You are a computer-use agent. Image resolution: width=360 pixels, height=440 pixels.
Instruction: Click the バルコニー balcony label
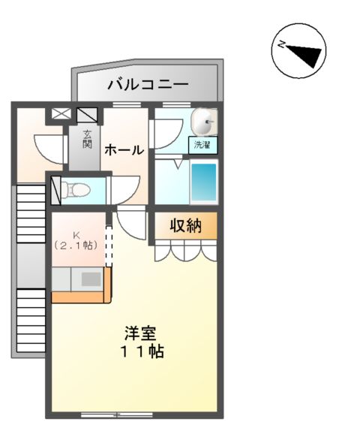147,84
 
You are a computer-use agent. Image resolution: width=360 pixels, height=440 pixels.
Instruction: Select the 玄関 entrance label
87,139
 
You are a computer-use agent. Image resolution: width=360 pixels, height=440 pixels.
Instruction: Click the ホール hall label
123,149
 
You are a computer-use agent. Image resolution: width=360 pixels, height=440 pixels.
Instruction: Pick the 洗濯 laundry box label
202,144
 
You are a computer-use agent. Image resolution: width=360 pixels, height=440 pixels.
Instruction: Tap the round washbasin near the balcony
204,120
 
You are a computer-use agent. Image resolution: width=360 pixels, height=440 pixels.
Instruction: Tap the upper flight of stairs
31,213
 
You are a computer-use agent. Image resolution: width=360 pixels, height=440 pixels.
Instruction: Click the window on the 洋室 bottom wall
116,414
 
